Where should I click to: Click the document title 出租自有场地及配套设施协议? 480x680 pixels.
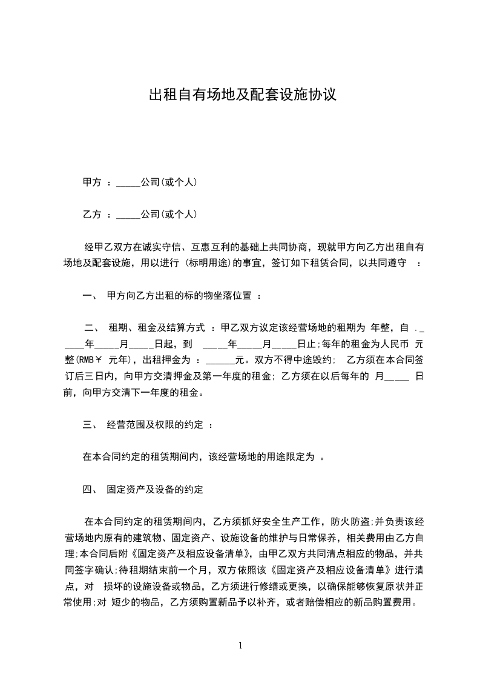(242, 95)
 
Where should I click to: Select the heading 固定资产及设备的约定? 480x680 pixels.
(154, 488)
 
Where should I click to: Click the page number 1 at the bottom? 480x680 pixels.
(240, 645)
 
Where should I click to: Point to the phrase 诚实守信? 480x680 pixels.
(161, 248)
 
